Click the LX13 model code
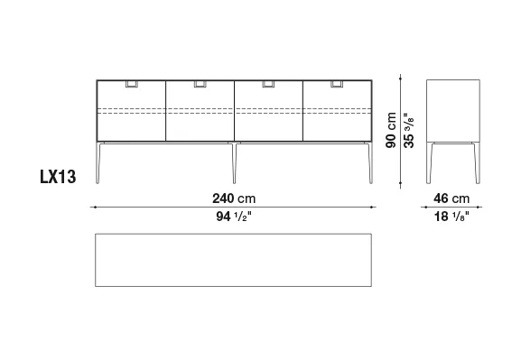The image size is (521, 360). (58, 177)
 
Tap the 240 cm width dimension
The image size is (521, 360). (234, 198)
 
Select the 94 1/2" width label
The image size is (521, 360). (234, 217)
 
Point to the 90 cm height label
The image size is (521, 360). (391, 130)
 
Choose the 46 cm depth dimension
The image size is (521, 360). (451, 198)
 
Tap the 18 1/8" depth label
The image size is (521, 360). (451, 217)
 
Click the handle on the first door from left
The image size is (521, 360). (132, 84)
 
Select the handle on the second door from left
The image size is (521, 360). (200, 84)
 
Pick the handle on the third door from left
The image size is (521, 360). (268, 84)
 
